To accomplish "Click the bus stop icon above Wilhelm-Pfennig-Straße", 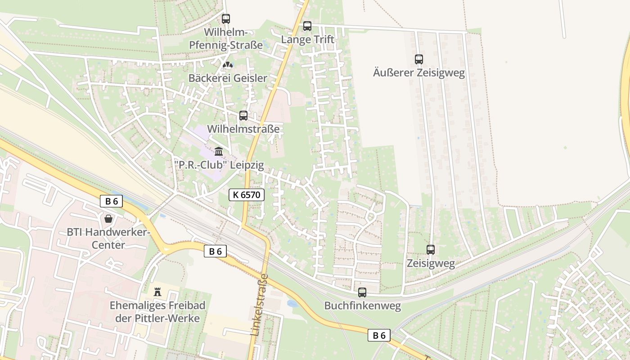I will tap(226, 19).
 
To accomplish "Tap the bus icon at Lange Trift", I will tap(307, 26).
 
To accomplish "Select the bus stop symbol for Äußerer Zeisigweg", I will tap(419, 59).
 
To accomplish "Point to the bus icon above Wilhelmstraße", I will tap(243, 116).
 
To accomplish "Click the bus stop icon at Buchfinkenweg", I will tap(362, 292).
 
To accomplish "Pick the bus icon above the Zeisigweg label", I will tap(431, 250).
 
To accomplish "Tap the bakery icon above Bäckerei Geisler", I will tap(228, 65).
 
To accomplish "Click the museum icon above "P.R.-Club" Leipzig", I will tap(219, 151).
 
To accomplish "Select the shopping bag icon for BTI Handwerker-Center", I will tap(108, 219).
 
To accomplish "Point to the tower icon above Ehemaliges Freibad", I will tap(157, 292).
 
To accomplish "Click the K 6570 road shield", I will tap(247, 195).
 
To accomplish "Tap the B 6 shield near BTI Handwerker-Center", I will tap(111, 201).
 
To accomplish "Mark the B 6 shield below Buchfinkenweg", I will tap(379, 335).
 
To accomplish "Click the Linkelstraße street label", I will tap(259, 305).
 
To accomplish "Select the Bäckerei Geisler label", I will tap(228, 78).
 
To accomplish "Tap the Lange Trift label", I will tap(308, 40).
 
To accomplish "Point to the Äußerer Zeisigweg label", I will tap(419, 72).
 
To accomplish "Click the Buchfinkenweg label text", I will tap(363, 306).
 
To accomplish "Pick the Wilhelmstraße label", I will tap(243, 130).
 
